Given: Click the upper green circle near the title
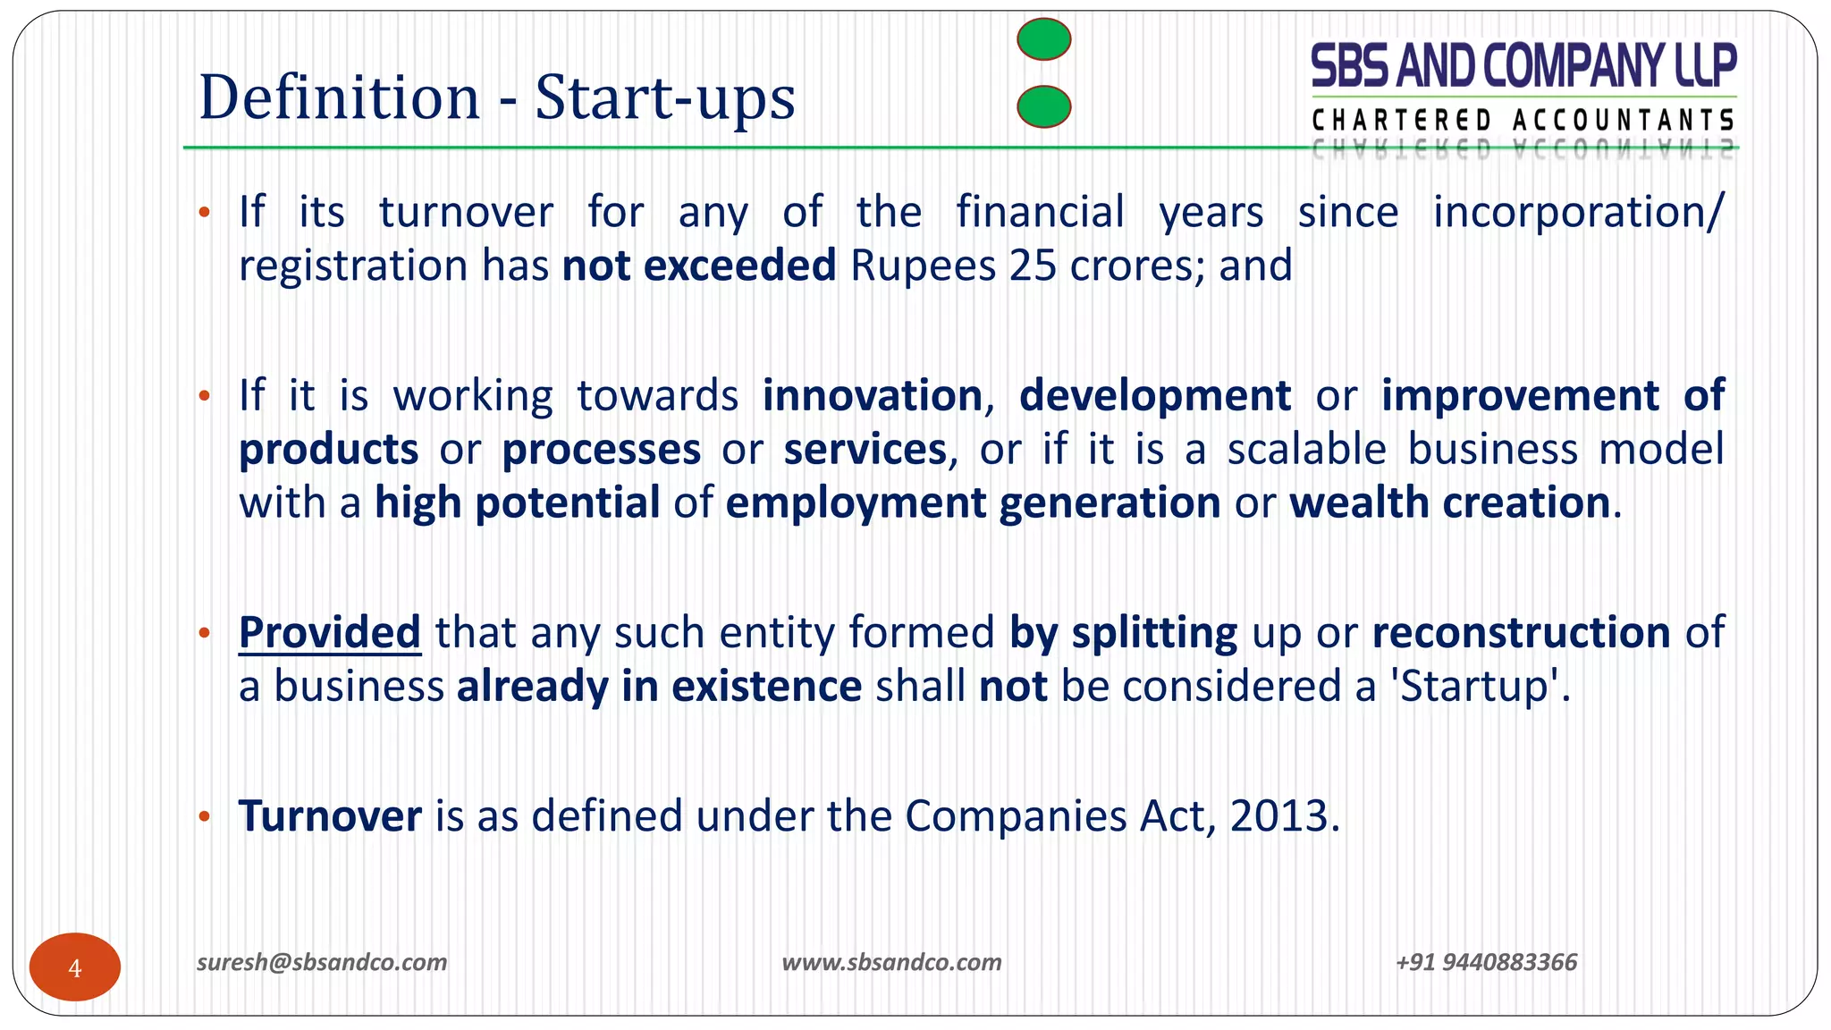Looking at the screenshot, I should point(1044,39).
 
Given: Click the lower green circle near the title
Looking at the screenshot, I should point(1044,106).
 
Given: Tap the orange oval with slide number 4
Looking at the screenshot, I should point(75,967).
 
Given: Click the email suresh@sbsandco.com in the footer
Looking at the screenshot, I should point(322,962).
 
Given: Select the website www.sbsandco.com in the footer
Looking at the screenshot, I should point(891,962).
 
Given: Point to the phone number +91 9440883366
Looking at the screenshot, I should point(1486,962).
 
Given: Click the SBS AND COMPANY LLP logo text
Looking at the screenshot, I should point(1523,66).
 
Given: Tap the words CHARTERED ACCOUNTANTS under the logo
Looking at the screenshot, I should point(1523,120).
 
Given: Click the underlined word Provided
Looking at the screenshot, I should point(330,632).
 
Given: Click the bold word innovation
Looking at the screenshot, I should point(873,395).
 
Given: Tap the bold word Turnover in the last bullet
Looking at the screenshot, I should point(330,815).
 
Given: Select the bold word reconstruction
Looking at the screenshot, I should point(1521,632).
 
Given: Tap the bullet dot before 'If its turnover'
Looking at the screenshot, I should point(204,213).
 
